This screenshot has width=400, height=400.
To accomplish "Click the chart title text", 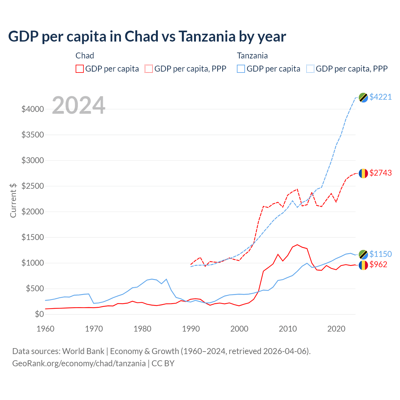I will pos(147,37).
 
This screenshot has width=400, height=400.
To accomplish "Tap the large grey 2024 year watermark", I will pos(78,105).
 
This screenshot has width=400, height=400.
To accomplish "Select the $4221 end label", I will pos(380,97).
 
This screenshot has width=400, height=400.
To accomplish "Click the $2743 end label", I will pos(380,173).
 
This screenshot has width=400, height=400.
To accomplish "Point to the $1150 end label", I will pos(380,254).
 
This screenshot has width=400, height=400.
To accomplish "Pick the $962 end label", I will pos(378,264).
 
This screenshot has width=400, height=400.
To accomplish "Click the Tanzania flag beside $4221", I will pos(363,97).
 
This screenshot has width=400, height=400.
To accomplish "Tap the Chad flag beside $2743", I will pos(363,173).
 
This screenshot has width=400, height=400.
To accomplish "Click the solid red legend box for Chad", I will pos(80,69).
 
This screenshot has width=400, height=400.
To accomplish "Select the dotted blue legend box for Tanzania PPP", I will pos(310,69).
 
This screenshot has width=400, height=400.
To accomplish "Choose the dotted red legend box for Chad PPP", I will pos(149,69).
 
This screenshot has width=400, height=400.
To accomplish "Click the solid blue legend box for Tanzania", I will pos(241,69).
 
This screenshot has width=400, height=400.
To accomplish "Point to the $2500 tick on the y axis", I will pos(32,186).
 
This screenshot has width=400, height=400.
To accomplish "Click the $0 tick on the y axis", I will pos(39,314).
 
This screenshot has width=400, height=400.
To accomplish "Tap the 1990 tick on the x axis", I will pos(191,329).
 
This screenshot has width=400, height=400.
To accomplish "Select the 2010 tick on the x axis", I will pos(288,329).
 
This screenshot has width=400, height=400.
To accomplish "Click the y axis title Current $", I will pos(13,200).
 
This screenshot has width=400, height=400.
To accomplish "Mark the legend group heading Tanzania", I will pos(252,56).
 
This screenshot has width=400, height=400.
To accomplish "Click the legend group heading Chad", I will pos(85,56).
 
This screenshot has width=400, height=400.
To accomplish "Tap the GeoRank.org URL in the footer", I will pos(79,363).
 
